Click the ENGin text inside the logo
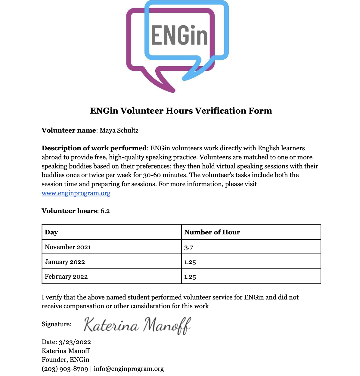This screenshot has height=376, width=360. pos(179,36)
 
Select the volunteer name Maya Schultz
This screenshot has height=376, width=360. pos(119,130)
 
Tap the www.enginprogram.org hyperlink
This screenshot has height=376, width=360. pos(76,193)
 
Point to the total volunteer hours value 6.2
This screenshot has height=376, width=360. pos(105,211)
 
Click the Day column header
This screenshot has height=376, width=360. pos(51,232)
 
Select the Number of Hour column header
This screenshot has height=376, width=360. pos(212,232)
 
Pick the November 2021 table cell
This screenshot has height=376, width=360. pos(68,247)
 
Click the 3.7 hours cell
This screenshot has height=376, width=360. pos(189,248)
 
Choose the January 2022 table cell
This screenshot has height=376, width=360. pos(65,262)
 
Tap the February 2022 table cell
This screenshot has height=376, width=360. pos(66,277)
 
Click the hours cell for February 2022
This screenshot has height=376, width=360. pos(190,277)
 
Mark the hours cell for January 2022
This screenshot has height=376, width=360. pos(190,262)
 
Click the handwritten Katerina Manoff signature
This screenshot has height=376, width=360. pos(137,325)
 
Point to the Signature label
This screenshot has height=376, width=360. pos(57,324)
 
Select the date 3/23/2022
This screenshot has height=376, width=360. pos(75,342)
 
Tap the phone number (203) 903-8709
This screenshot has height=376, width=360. pos(65,369)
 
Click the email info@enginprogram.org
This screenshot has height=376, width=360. pos(129,369)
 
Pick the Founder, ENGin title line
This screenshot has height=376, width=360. pos(66,360)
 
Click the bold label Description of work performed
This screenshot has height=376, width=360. pos(94,148)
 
